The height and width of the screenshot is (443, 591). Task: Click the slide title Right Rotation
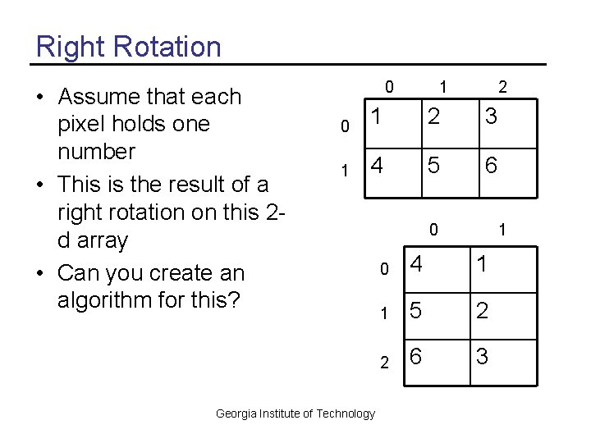click(129, 46)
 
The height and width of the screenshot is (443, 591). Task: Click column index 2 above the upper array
click(502, 86)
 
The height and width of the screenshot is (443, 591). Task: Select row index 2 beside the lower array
click(383, 361)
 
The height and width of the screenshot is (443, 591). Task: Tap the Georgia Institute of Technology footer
click(295, 413)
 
